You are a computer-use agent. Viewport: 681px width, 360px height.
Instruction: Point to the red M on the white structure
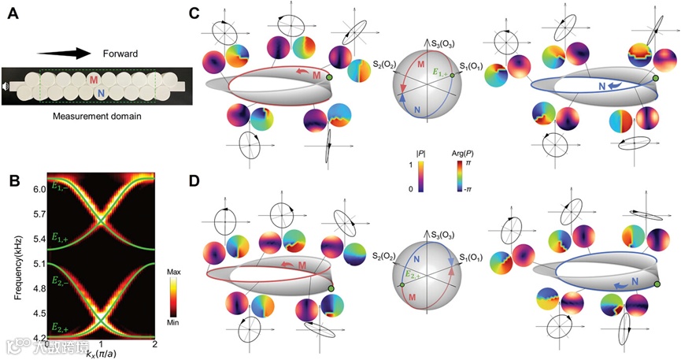click(x=94, y=80)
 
